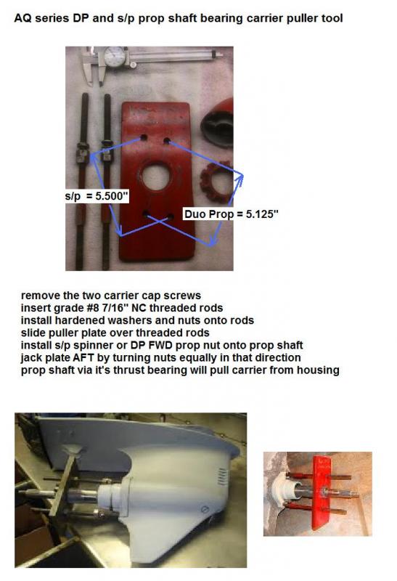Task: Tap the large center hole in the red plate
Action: click(x=156, y=177)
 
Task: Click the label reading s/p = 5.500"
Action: click(x=97, y=196)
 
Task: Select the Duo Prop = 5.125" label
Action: click(x=231, y=214)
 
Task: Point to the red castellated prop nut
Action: click(x=216, y=179)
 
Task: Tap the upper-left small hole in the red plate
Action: click(x=144, y=138)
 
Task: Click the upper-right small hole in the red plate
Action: click(x=167, y=141)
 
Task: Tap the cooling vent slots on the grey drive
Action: click(x=222, y=476)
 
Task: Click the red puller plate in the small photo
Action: click(x=321, y=493)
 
